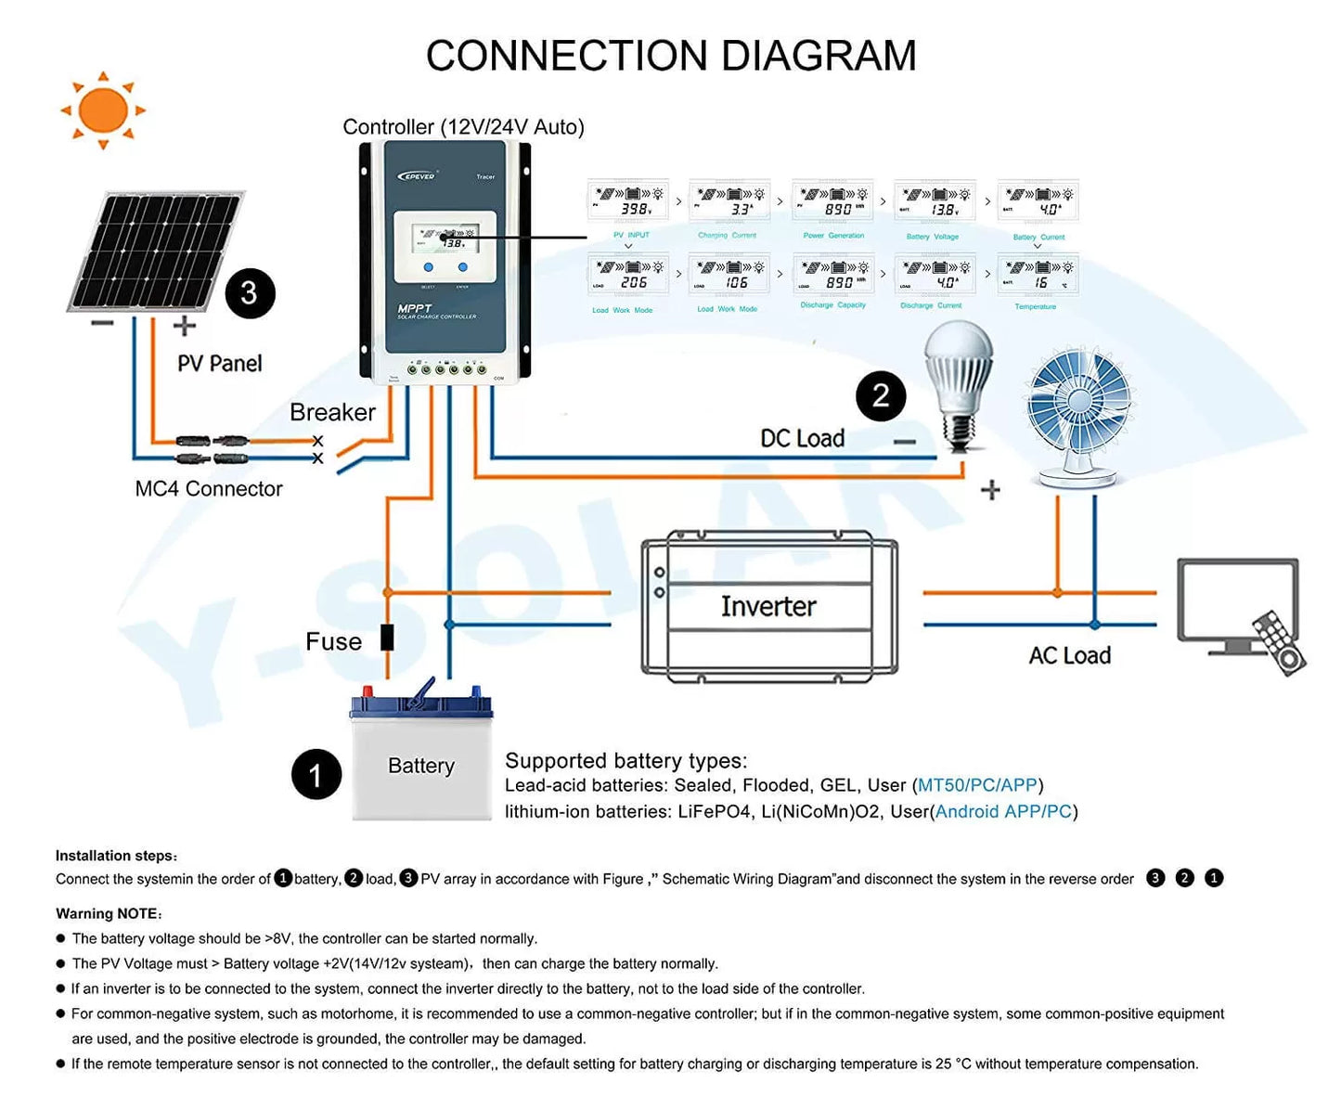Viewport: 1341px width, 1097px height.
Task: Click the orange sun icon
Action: (x=103, y=110)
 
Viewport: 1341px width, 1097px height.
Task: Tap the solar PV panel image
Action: (x=156, y=251)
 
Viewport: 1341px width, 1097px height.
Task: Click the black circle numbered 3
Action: (x=250, y=293)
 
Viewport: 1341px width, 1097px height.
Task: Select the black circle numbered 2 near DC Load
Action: (x=881, y=396)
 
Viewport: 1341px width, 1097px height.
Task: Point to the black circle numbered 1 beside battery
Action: (x=316, y=774)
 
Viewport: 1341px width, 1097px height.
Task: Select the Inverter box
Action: (x=769, y=607)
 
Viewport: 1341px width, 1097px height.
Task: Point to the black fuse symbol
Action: (x=387, y=638)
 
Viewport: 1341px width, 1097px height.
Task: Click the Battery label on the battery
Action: (x=421, y=766)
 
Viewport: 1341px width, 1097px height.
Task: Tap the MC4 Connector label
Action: (x=209, y=488)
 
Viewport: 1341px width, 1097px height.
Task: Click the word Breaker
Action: (x=332, y=412)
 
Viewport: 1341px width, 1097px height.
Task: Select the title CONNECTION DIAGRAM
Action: (x=671, y=56)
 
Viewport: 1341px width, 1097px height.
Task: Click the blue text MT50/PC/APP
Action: (x=977, y=785)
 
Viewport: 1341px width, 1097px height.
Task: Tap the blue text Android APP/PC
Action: (x=1003, y=811)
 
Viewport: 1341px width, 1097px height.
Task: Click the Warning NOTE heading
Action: (x=109, y=913)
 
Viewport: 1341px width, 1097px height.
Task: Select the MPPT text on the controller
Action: (x=415, y=308)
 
